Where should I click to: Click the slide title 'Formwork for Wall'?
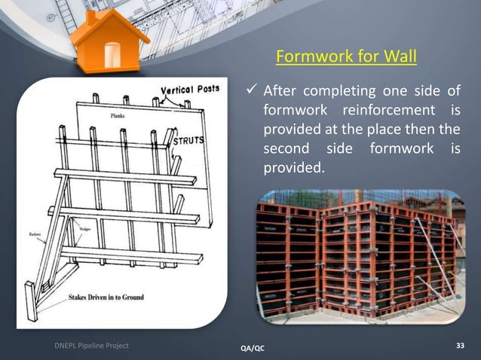pyautogui.click(x=346, y=57)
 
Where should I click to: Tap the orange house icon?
pyautogui.click(x=110, y=41)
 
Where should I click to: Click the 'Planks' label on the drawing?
pyautogui.click(x=118, y=117)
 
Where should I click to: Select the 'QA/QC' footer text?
pyautogui.click(x=252, y=348)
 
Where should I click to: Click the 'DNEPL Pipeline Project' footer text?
pyautogui.click(x=90, y=346)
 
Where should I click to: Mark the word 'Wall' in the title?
pyautogui.click(x=400, y=57)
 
